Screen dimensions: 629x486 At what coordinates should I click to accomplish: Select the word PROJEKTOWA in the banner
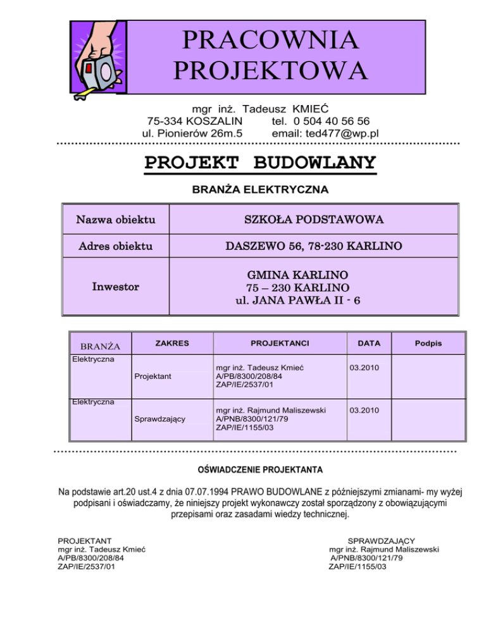tap(270, 70)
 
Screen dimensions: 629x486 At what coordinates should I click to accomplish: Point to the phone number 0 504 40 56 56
tap(332, 121)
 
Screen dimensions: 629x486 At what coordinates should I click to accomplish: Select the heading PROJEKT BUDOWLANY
tap(260, 163)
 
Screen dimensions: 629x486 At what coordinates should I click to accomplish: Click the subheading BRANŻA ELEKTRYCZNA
tap(259, 189)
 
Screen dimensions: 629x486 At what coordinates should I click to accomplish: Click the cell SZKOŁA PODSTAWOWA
tap(313, 221)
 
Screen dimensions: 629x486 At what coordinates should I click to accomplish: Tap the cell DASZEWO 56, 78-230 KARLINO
tap(313, 246)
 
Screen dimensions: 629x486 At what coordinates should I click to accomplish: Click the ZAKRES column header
tap(171, 343)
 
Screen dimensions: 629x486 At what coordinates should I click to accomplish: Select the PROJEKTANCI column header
tap(279, 343)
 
